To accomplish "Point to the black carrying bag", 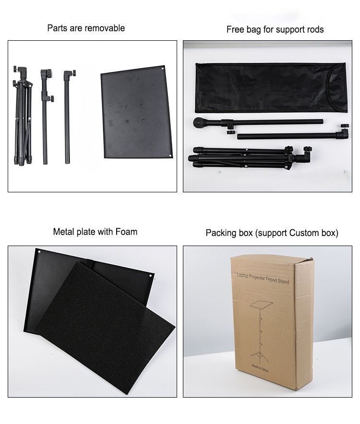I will click(269, 87).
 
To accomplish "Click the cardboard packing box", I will click(271, 321).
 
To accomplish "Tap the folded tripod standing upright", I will click(22, 118).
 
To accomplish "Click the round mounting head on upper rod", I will click(199, 123).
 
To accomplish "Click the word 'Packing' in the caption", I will click(221, 233).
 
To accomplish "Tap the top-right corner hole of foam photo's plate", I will click(152, 276).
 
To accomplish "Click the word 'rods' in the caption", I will click(314, 30).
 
